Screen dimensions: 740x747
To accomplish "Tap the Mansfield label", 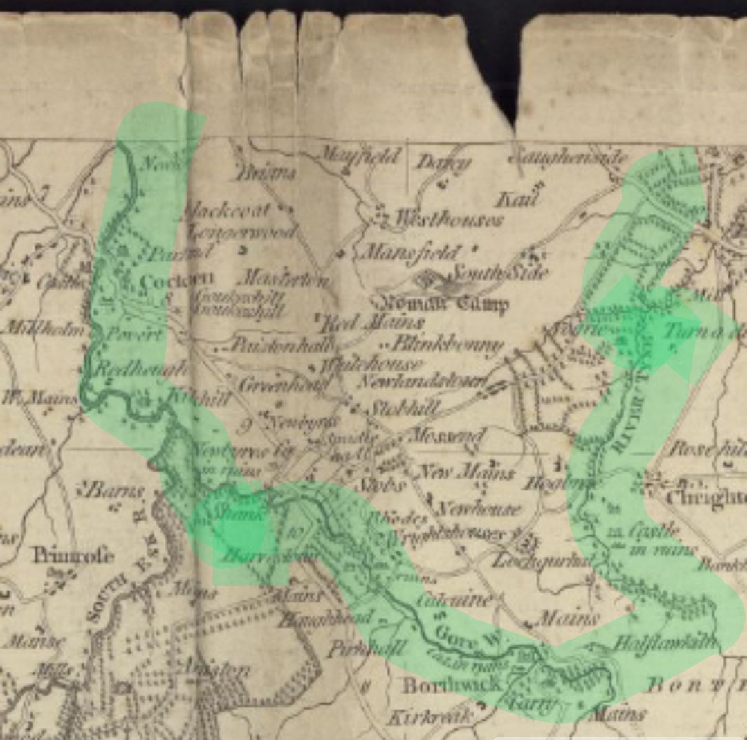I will (412, 252).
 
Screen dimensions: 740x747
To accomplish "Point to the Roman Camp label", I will (440, 303).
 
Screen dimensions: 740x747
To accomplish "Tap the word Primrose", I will (72, 555).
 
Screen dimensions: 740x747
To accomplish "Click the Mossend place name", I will (448, 436).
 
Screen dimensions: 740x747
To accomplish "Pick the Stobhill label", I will (403, 408).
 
